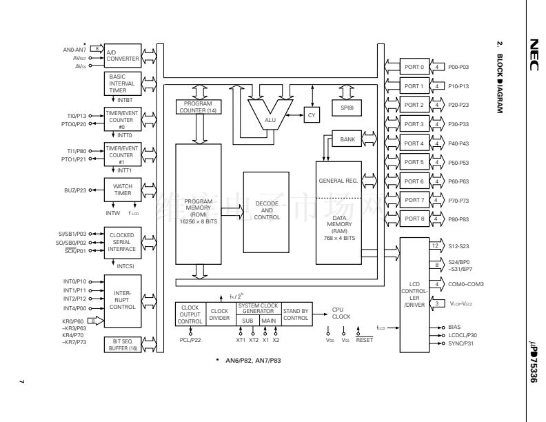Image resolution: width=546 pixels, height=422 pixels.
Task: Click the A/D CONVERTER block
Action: (x=122, y=54)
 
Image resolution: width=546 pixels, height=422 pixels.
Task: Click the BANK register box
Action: (x=348, y=139)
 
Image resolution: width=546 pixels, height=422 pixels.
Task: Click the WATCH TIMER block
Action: (x=122, y=190)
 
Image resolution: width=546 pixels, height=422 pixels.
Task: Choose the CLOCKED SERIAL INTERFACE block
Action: (x=122, y=239)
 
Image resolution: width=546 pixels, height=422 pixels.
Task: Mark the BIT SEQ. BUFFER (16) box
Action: (x=122, y=345)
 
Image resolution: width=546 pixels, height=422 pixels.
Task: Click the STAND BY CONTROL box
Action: (x=296, y=314)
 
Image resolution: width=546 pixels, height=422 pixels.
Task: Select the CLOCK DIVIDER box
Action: (x=220, y=314)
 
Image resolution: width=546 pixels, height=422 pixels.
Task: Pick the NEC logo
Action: (x=533, y=56)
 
